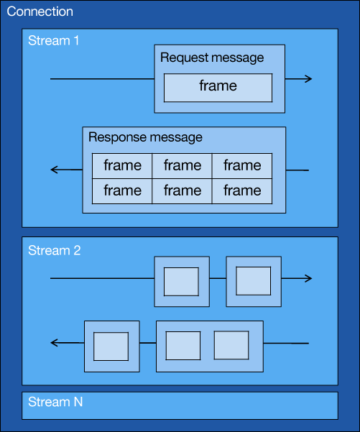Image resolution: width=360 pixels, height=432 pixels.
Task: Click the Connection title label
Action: tap(40, 12)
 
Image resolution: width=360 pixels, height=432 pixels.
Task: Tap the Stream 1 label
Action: tap(53, 40)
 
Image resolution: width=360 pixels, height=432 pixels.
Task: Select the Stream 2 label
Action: tap(55, 250)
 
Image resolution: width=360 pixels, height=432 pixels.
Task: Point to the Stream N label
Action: tap(55, 402)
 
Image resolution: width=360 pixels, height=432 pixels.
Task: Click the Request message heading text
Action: tap(212, 58)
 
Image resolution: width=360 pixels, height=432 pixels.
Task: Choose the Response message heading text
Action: tap(145, 137)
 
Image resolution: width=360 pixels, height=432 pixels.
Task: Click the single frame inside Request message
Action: tap(218, 88)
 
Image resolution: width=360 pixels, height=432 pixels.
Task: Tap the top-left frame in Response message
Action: tap(122, 166)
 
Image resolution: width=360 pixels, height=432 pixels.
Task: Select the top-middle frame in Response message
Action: tap(182, 166)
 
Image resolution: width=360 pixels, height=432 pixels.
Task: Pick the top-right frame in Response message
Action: tap(242, 166)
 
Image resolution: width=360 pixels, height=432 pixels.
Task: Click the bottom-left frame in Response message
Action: tap(122, 191)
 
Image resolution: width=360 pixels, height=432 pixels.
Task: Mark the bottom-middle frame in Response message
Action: tap(182, 191)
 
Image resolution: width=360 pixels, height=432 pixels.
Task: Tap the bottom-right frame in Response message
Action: tap(242, 191)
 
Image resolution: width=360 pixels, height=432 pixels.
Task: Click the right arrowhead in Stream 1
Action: tap(309, 79)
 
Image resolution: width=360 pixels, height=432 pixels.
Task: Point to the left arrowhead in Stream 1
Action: tap(54, 170)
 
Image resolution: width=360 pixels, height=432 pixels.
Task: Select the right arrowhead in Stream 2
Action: tap(309, 278)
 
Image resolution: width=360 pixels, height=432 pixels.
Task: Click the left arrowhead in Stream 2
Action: tap(54, 343)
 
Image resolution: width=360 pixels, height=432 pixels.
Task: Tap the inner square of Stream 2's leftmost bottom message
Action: tap(111, 346)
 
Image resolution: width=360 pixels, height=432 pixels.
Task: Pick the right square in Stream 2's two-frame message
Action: tap(231, 345)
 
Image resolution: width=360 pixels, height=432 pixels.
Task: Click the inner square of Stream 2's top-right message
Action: tap(254, 281)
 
